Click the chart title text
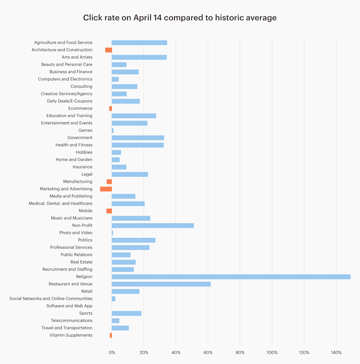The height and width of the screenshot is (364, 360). click(x=180, y=18)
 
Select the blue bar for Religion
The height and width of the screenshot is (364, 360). click(x=231, y=277)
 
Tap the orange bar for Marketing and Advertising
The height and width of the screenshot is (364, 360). click(x=106, y=189)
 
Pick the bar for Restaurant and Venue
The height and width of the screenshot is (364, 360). click(x=161, y=284)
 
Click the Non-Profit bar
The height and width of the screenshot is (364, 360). click(x=152, y=225)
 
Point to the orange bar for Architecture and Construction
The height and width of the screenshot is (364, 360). click(x=108, y=50)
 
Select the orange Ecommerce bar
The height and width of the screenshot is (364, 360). click(x=110, y=109)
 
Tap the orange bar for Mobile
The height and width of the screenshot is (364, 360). click(x=109, y=211)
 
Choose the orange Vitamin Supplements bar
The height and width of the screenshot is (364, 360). click(x=111, y=335)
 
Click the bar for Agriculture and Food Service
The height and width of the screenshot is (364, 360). click(x=139, y=43)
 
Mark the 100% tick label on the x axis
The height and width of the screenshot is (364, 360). click(x=272, y=353)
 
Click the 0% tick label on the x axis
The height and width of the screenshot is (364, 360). click(x=112, y=353)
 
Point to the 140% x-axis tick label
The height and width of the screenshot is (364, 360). click(x=336, y=353)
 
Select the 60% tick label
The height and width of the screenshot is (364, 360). click(x=208, y=353)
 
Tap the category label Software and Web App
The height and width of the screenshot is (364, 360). click(x=69, y=306)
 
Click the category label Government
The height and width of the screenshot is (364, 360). click(x=80, y=138)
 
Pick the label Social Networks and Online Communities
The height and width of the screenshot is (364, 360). click(x=51, y=299)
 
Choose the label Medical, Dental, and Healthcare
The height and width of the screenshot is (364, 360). click(x=61, y=204)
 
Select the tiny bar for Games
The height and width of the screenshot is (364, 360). click(x=112, y=130)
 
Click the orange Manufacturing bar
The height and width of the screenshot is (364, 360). click(x=109, y=182)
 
